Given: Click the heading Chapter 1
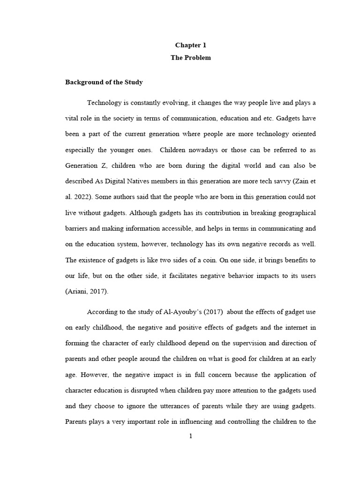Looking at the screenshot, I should coord(190,45).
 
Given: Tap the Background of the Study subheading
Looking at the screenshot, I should coord(104,82).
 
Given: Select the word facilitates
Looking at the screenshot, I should coord(187,277).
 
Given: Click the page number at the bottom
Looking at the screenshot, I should coord(190,436).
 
